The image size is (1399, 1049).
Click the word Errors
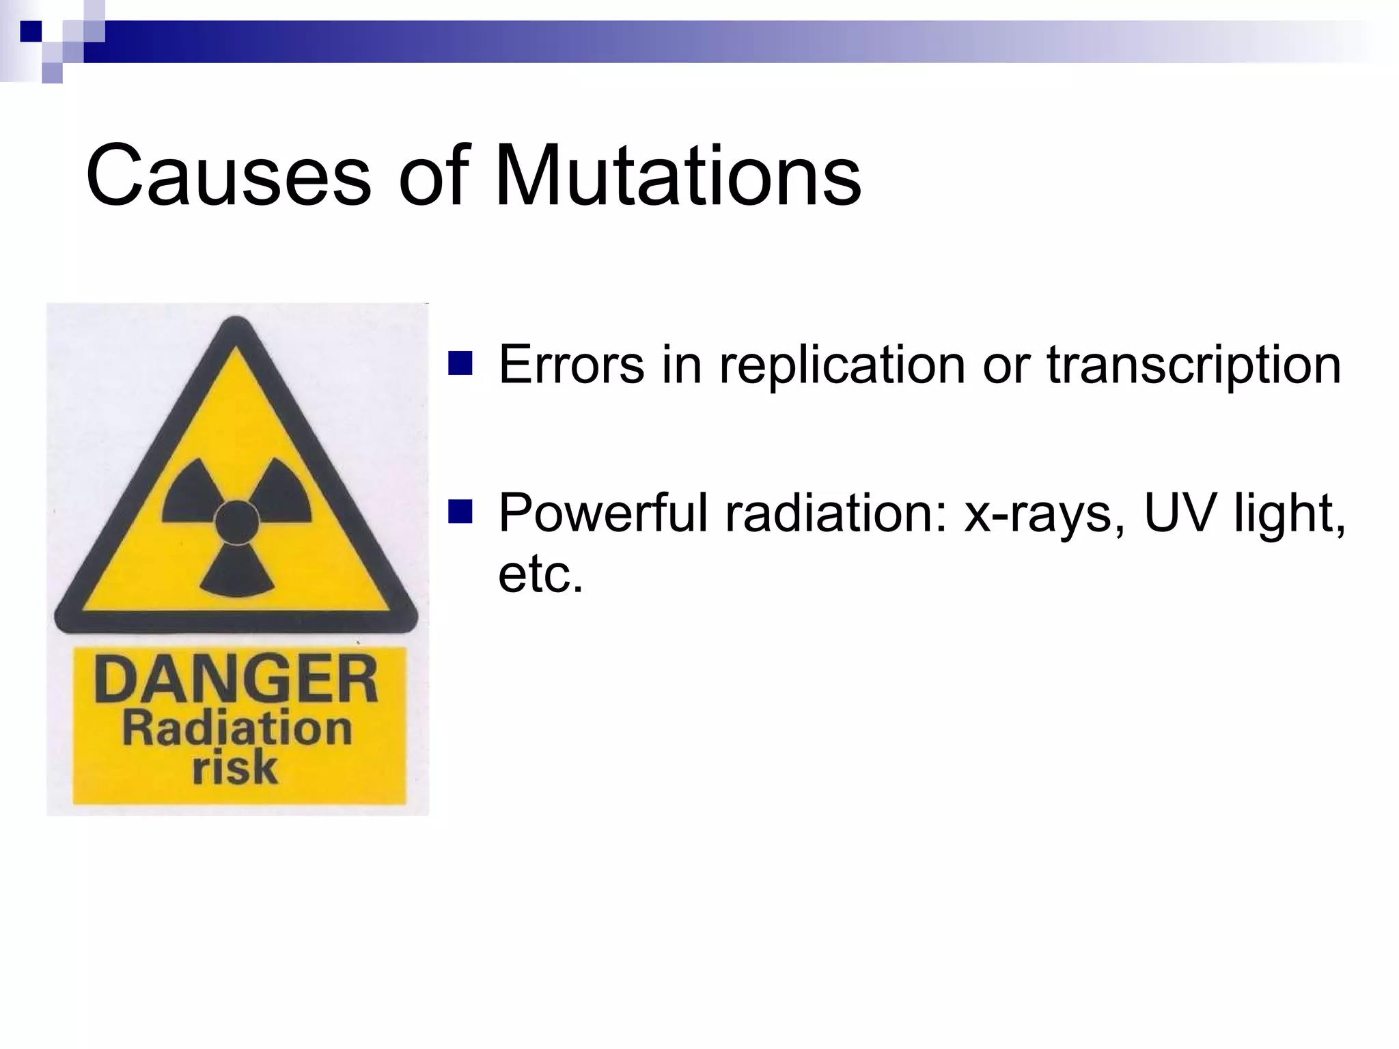point(571,365)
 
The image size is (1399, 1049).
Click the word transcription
point(1193,366)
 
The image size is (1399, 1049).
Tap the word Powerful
point(604,514)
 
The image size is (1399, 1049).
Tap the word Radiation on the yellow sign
point(237,729)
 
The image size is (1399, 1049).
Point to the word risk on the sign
point(235,768)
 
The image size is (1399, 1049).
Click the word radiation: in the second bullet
point(837,514)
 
